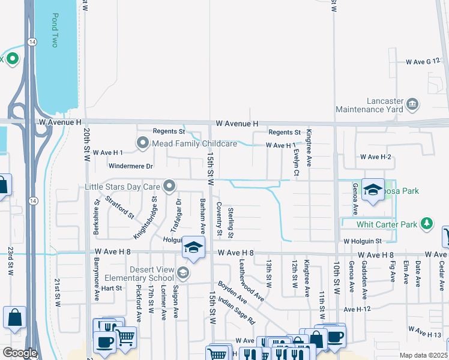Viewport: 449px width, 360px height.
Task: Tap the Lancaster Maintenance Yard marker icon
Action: pos(412,104)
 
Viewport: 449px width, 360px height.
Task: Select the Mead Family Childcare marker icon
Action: pos(142,143)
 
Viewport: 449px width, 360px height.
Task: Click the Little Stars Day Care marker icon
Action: pos(170,186)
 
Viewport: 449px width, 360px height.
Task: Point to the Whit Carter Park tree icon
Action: pos(427,224)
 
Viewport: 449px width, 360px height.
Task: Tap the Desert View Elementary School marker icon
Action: pos(182,274)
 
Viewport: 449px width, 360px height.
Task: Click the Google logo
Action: pos(20,353)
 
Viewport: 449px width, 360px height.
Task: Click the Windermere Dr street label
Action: pos(131,166)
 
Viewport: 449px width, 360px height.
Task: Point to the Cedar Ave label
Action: pos(442,271)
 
